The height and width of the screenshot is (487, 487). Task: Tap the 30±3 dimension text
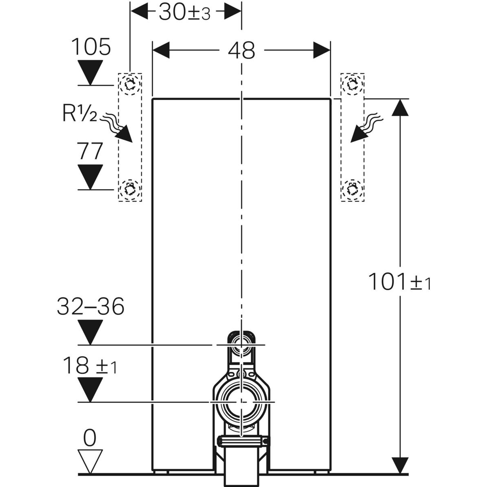[184, 13]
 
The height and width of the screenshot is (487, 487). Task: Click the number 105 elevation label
[91, 47]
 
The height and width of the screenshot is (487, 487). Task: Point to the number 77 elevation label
[90, 152]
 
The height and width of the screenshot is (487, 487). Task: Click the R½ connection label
[80, 114]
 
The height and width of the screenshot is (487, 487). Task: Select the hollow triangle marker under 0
[90, 462]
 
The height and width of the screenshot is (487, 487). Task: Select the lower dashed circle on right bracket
[352, 189]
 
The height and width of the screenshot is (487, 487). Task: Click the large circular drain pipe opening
[241, 402]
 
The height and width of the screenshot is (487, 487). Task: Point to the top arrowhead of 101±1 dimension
[401, 108]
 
